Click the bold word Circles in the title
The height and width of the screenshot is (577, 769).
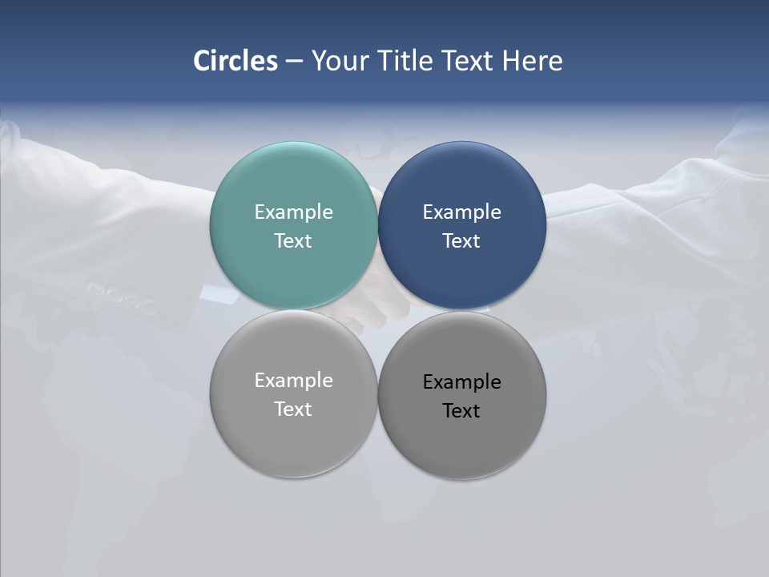236,61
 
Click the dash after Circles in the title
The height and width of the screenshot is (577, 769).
294,62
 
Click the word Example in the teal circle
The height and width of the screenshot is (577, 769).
293,212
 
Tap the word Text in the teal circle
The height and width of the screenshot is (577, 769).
293,241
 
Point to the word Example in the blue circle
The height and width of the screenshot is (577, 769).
462,212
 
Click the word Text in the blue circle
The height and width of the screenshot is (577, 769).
462,241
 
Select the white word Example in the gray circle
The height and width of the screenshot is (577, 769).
293,381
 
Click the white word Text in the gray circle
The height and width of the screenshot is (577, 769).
293,410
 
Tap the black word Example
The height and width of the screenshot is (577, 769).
462,382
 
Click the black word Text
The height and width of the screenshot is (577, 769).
462,411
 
